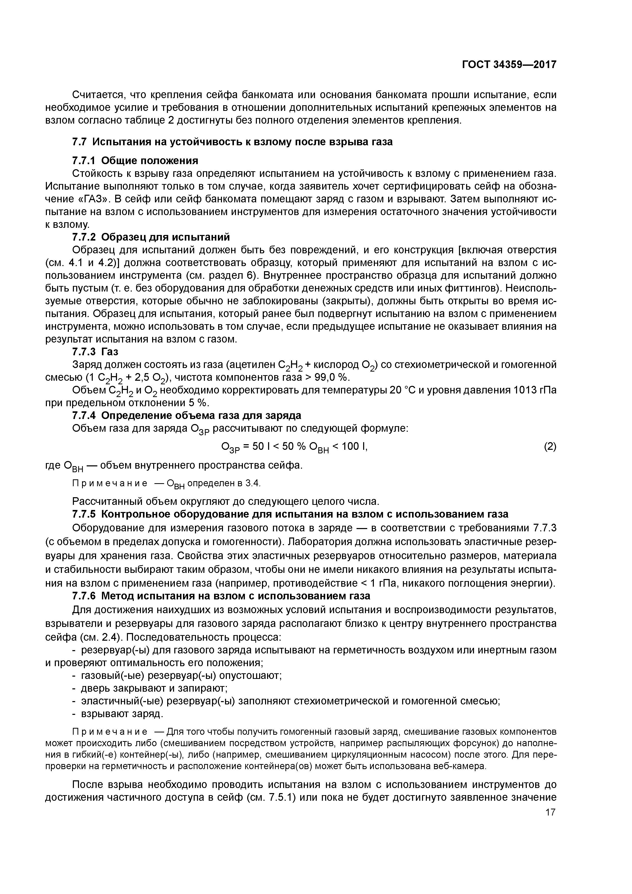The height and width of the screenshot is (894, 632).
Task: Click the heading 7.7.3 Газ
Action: [x=95, y=352]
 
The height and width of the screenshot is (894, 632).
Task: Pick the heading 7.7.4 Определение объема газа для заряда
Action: [x=187, y=415]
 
